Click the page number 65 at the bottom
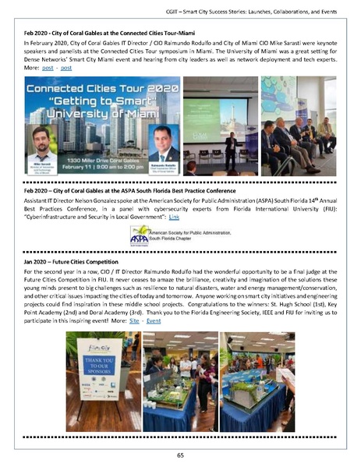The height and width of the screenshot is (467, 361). [180, 454]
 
